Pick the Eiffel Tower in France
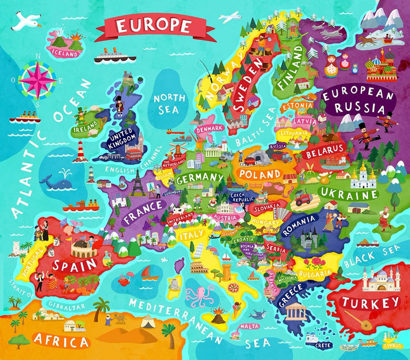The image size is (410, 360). pyautogui.click(x=138, y=183)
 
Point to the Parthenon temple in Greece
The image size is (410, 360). pyautogui.click(x=295, y=312)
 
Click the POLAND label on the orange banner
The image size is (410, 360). pyautogui.click(x=260, y=173)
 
